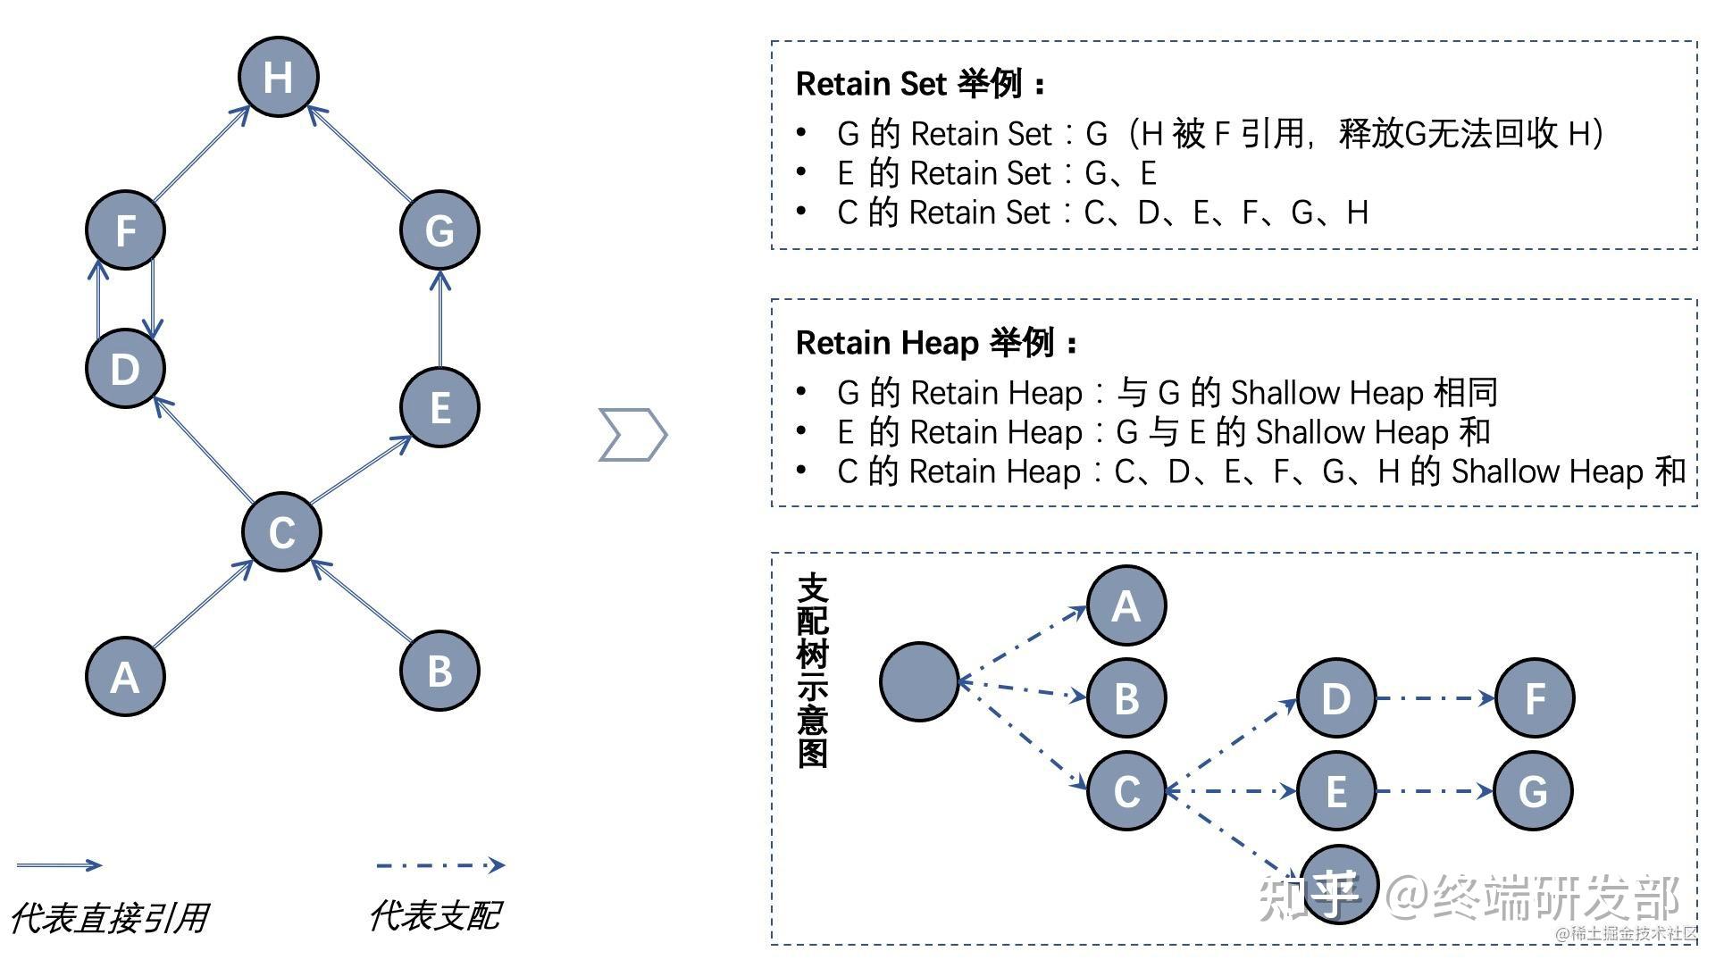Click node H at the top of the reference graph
pos(279,77)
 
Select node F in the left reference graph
pos(126,230)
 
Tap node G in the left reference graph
pos(439,230)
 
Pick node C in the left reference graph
pos(282,532)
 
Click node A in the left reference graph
pos(126,676)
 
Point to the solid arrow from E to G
pos(439,319)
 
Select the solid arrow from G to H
pos(359,153)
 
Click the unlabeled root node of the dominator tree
pos(919,681)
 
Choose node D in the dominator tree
pos(1336,698)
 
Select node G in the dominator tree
pos(1534,791)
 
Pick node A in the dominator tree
pos(1126,605)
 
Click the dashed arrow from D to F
pos(1435,698)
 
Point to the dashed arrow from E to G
pos(1435,791)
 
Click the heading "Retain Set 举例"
pos(919,84)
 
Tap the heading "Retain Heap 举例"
pos(936,343)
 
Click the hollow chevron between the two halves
pos(632,435)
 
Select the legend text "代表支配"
pos(435,915)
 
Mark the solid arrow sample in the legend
pos(59,864)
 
